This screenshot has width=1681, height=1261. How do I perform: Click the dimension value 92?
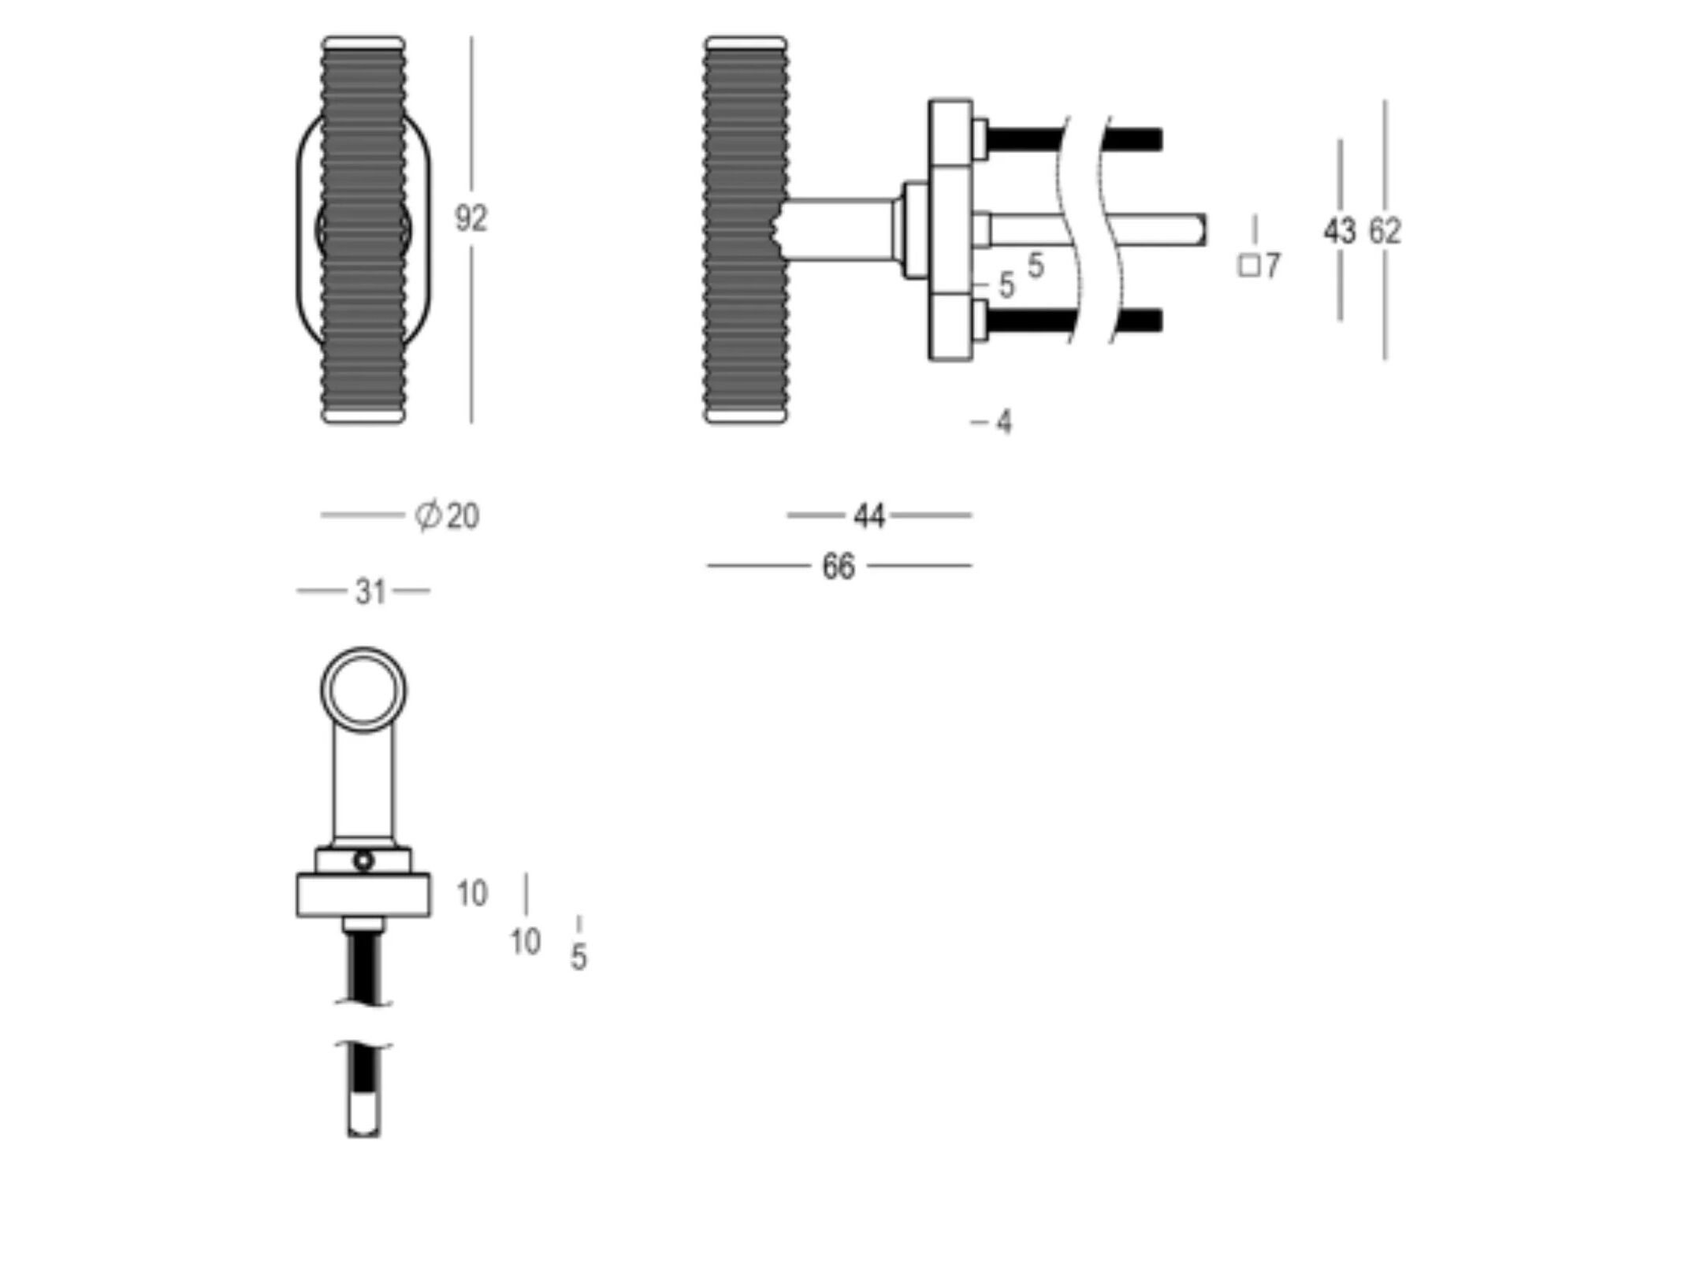point(470,218)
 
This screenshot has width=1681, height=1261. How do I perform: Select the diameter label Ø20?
point(448,516)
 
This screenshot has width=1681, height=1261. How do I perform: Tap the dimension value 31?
point(370,591)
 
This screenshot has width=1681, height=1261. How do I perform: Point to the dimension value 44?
point(869,516)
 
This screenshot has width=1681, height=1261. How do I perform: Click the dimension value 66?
point(838,567)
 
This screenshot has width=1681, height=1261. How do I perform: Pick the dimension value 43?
point(1339,231)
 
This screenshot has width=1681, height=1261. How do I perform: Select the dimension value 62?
point(1385,231)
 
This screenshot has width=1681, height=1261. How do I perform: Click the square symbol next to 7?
point(1248,266)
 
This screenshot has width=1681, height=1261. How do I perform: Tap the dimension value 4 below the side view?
point(1003,423)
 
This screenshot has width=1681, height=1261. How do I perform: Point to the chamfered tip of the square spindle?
point(1200,230)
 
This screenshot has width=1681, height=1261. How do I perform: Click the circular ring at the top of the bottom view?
point(363,691)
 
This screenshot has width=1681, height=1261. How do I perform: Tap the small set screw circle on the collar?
point(363,861)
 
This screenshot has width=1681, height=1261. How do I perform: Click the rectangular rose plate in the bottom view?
point(363,895)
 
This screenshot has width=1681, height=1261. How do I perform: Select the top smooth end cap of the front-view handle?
point(363,43)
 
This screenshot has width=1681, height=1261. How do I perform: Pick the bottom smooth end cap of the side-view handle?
point(745,415)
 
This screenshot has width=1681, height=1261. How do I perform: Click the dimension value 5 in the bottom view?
point(578,958)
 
